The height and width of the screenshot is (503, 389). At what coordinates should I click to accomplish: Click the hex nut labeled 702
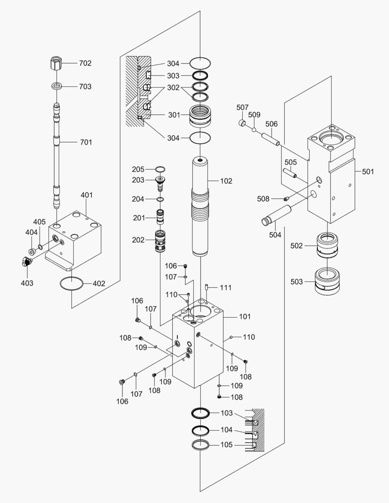point(56,62)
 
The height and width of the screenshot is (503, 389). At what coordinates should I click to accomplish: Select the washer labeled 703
point(56,86)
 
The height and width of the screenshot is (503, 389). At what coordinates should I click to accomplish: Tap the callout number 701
point(86,142)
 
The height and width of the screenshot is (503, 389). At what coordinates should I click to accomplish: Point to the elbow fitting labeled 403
point(26,261)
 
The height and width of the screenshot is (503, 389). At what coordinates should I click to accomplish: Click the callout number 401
point(87,195)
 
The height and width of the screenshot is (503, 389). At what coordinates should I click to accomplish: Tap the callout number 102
point(226,181)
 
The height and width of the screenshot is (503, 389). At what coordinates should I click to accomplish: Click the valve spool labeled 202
point(159,241)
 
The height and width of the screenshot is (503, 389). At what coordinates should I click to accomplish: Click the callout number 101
point(245,317)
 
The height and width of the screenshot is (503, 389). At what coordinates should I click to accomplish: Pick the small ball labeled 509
point(254,129)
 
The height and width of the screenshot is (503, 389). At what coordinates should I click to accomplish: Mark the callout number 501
point(368,171)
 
